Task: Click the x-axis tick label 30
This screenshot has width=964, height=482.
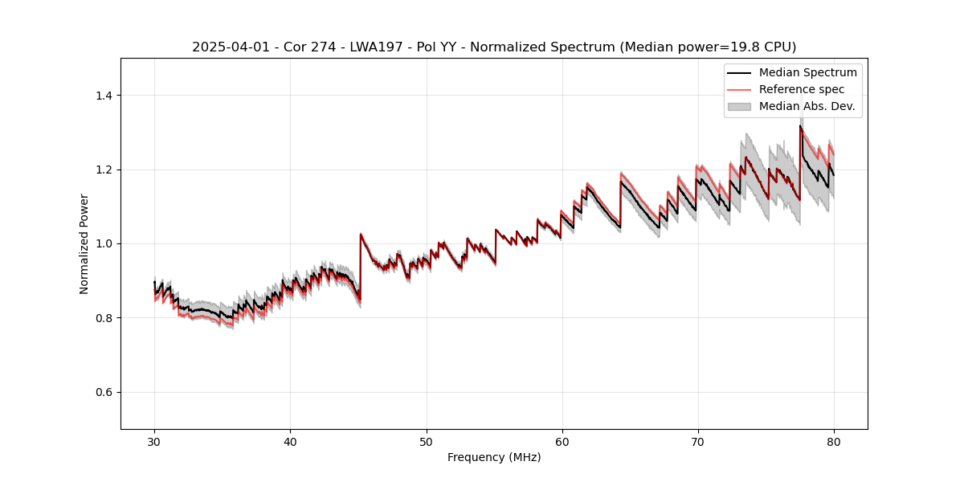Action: pyautogui.click(x=154, y=442)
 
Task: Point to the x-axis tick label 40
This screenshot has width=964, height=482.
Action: pyautogui.click(x=291, y=442)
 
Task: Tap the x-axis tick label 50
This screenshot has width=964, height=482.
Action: pyautogui.click(x=427, y=442)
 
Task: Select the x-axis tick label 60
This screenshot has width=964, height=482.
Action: pyautogui.click(x=562, y=442)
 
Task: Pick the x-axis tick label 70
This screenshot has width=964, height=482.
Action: pyautogui.click(x=698, y=442)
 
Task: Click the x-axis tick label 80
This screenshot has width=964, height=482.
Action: pyautogui.click(x=834, y=442)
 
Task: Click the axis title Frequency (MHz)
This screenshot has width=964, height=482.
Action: pyautogui.click(x=494, y=457)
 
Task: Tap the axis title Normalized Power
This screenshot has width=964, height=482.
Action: pyautogui.click(x=84, y=243)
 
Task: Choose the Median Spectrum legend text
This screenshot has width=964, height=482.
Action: pyautogui.click(x=807, y=72)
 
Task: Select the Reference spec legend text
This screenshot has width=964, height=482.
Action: pyautogui.click(x=802, y=89)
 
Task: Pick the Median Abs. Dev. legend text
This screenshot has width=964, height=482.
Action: pyautogui.click(x=807, y=106)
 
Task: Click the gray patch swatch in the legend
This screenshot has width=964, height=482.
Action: pyautogui.click(x=739, y=106)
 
